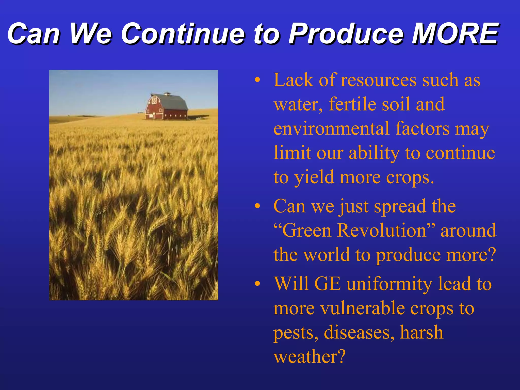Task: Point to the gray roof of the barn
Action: (x=175, y=102)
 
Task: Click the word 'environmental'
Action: (x=331, y=129)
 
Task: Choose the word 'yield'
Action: (x=314, y=177)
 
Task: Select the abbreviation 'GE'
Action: (x=328, y=284)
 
